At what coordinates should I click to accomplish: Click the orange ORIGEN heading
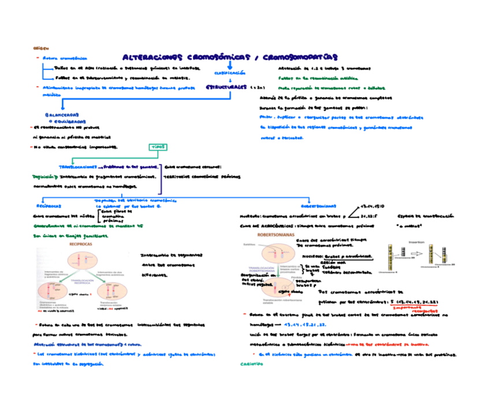(41, 49)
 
